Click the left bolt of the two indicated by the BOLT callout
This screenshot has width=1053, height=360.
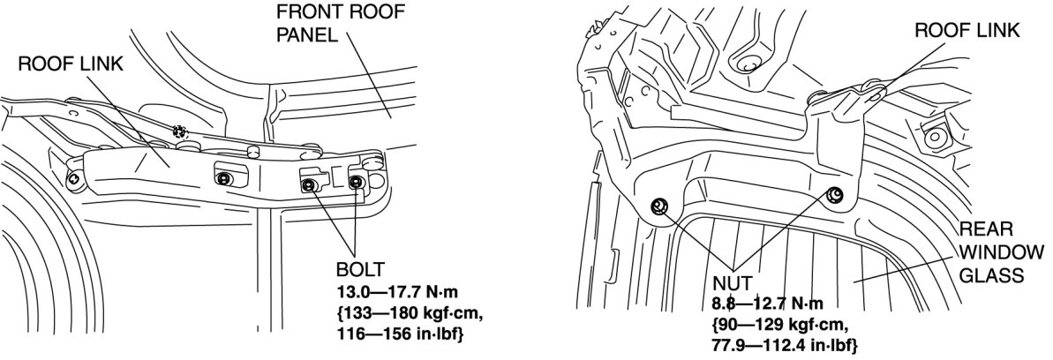pyautogui.click(x=310, y=184)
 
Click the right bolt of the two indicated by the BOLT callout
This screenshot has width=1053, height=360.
pyautogui.click(x=356, y=183)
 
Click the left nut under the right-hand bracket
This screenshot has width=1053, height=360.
pyautogui.click(x=658, y=206)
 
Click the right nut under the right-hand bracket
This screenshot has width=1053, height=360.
pyautogui.click(x=835, y=195)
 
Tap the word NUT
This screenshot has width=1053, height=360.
pyautogui.click(x=732, y=284)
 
